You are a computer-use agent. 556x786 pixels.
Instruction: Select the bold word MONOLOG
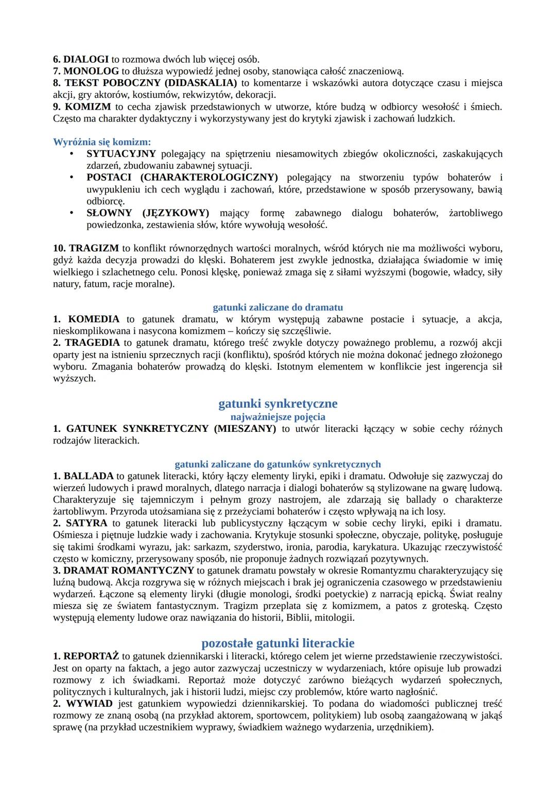pyautogui.click(x=91, y=71)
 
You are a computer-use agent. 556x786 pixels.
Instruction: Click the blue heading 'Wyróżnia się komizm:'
pyautogui.click(x=102, y=142)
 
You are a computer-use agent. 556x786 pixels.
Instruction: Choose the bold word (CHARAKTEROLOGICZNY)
pyautogui.click(x=209, y=178)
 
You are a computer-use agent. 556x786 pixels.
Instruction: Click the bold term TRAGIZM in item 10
pyautogui.click(x=94, y=249)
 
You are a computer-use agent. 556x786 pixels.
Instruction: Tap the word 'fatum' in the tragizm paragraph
pyautogui.click(x=96, y=284)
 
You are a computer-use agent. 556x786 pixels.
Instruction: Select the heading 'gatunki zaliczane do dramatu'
pyautogui.click(x=277, y=308)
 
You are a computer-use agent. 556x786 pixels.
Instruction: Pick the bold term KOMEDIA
pyautogui.click(x=94, y=320)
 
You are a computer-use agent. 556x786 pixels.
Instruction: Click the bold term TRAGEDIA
pyautogui.click(x=92, y=343)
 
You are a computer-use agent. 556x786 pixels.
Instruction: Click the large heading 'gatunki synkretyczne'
pyautogui.click(x=277, y=404)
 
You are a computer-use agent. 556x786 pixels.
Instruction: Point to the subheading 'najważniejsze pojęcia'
pyautogui.click(x=277, y=417)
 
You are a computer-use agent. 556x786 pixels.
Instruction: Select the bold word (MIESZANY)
pyautogui.click(x=245, y=429)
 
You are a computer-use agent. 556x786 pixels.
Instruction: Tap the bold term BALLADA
pyautogui.click(x=89, y=476)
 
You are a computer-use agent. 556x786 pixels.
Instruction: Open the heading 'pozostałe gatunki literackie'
pyautogui.click(x=277, y=643)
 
